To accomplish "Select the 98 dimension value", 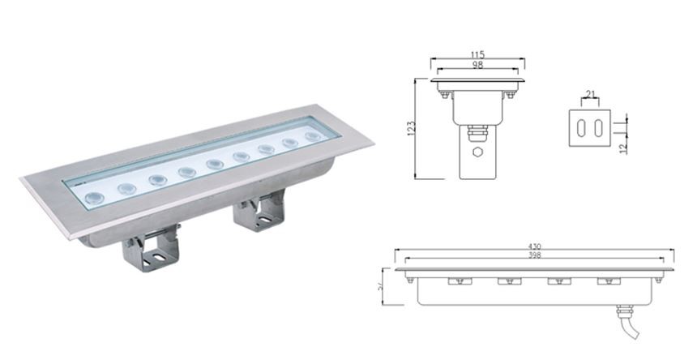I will coord(477,65).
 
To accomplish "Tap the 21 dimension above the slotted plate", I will coord(591,96).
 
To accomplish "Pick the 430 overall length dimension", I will coord(535,246).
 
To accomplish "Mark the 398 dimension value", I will coord(534,255).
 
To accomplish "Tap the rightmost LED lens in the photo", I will coord(313,137).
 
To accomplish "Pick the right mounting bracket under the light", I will coord(259,212).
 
